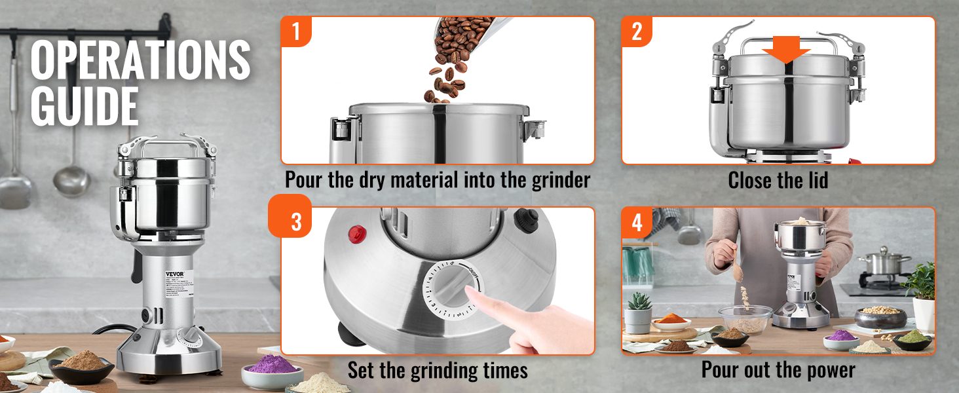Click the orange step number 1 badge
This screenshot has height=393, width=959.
pos(296,31)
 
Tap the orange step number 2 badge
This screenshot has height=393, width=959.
pos(637,31)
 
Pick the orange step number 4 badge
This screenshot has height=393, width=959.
pos(637,223)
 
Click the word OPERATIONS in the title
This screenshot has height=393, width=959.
pos(140,60)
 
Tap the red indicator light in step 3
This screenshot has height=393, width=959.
pos(356,232)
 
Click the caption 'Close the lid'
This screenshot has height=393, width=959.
pos(778,179)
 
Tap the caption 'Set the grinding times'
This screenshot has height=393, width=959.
pos(438,370)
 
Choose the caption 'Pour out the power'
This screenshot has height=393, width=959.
pos(778,370)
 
